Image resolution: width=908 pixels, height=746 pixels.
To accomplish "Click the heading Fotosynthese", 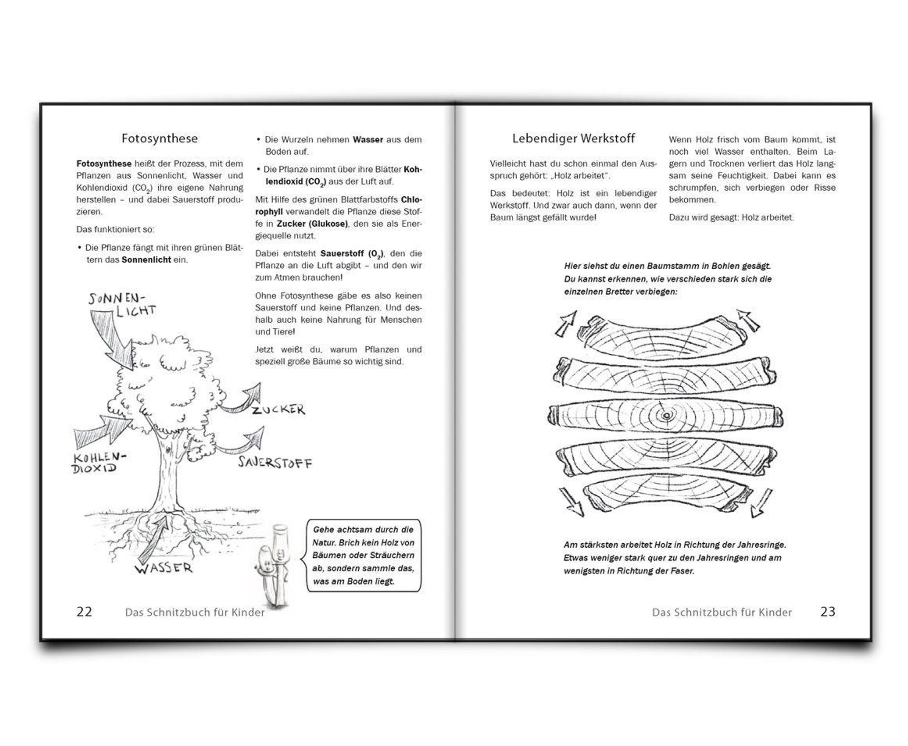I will pyautogui.click(x=159, y=138).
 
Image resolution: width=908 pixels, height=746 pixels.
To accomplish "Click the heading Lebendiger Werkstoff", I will pyautogui.click(x=573, y=138).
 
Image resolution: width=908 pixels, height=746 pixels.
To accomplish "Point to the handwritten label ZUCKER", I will pyautogui.click(x=279, y=410).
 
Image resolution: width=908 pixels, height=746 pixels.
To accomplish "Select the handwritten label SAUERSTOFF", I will pyautogui.click(x=275, y=463).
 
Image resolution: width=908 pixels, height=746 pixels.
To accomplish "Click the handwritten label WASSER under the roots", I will pyautogui.click(x=164, y=568).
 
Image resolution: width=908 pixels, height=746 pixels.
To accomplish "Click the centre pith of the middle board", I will pyautogui.click(x=666, y=415).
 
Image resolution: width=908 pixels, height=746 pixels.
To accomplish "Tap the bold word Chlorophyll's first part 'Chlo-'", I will pyautogui.click(x=411, y=200).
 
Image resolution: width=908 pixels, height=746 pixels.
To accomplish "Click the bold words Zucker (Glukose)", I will pyautogui.click(x=312, y=224).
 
